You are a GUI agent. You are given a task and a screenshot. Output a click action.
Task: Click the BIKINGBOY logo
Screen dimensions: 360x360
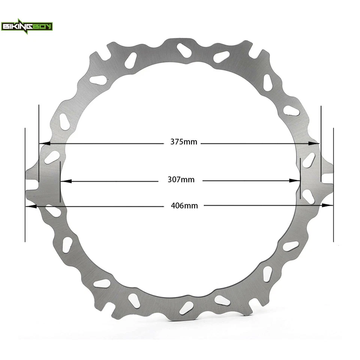click(27, 26)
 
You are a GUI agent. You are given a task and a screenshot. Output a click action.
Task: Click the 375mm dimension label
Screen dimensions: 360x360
click(184, 142)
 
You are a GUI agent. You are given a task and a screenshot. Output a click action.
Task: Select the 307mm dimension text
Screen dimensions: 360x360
click(181, 180)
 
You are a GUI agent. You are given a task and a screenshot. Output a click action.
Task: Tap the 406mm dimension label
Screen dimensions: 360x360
click(184, 205)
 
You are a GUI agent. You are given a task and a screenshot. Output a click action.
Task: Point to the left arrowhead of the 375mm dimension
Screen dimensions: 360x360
click(42, 143)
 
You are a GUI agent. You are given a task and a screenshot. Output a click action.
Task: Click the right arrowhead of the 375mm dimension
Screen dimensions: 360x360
click(316, 143)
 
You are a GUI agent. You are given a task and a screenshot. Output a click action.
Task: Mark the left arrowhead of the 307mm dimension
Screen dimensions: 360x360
click(64, 181)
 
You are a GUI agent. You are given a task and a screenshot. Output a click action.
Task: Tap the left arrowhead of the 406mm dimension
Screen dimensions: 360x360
click(29, 206)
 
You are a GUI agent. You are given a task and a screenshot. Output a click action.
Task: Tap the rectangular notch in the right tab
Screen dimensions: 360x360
click(327, 178)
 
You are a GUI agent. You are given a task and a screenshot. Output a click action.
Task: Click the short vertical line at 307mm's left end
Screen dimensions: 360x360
click(60, 182)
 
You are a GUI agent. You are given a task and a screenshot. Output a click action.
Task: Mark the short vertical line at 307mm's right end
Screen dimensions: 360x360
click(301, 178)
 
